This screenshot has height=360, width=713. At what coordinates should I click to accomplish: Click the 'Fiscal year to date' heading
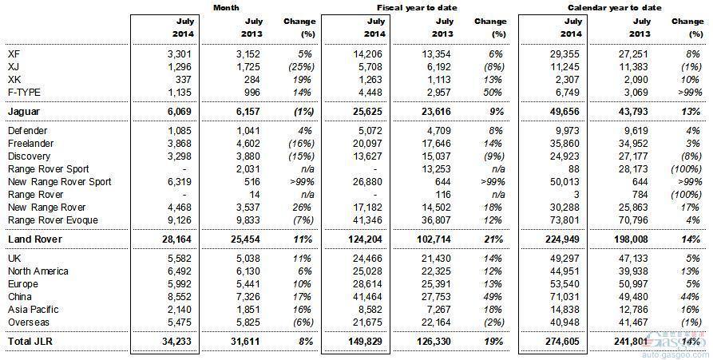pos(417,8)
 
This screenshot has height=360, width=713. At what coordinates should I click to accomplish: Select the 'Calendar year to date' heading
pos(614,8)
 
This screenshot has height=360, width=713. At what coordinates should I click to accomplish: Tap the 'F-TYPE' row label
pos(24,93)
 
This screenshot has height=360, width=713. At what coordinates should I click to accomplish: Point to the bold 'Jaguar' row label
pos(24,112)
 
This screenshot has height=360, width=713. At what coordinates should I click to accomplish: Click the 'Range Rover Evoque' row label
pos(53,220)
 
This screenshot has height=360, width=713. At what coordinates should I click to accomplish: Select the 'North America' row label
pos(38,271)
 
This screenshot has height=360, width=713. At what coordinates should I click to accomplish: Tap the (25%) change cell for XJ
pos(302,67)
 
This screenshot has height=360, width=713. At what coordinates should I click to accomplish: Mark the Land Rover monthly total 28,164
pos(176,239)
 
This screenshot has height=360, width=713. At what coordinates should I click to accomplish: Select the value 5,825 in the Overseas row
pos(248,322)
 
